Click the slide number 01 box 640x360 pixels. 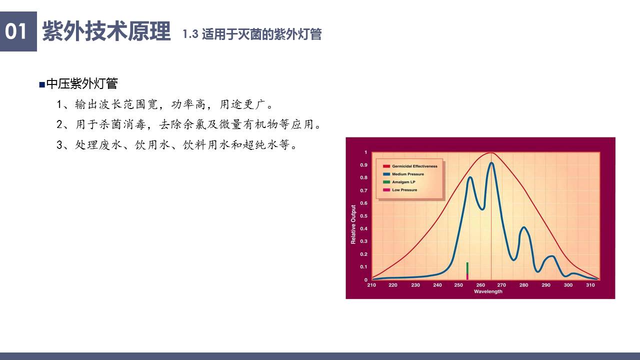18,31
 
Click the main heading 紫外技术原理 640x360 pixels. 106,31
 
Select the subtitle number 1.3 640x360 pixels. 190,34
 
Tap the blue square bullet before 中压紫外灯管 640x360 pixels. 42,84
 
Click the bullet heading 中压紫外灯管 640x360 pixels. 82,83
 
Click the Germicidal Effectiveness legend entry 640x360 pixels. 410,166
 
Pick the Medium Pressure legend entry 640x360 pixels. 403,174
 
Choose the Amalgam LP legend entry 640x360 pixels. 399,182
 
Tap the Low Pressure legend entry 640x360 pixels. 400,190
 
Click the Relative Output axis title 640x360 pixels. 353,224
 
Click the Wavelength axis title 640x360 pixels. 488,291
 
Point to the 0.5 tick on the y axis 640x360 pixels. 363,216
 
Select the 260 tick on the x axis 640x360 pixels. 480,285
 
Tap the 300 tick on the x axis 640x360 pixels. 568,285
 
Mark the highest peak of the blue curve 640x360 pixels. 491,163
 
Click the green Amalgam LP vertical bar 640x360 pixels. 467,268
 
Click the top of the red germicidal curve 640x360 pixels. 491,153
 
